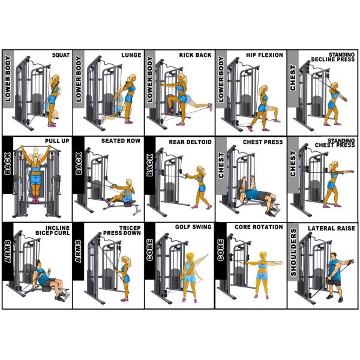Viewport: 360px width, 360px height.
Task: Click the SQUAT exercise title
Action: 61,55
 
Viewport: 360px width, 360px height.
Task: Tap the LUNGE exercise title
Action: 131,55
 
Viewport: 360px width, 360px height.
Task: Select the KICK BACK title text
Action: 195,55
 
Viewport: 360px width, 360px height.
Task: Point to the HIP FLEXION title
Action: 265,55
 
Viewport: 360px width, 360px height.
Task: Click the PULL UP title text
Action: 57,141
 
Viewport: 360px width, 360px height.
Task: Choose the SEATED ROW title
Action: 121,141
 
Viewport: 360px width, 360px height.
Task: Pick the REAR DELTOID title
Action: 190,142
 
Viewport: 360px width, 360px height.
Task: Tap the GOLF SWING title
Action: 193,227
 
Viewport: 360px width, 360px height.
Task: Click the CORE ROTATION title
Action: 259,227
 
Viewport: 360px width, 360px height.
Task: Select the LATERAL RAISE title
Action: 331,229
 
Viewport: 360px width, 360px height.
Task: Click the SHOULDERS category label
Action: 293,252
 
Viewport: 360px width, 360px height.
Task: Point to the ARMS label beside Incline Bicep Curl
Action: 8,251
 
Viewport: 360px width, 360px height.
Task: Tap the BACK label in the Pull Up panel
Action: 8,164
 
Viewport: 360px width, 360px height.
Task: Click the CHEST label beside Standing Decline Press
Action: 293,78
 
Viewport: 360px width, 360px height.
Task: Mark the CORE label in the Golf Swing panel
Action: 149,250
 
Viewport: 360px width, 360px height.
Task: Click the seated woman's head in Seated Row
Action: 129,182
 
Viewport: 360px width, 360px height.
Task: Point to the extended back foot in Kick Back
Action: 209,106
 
